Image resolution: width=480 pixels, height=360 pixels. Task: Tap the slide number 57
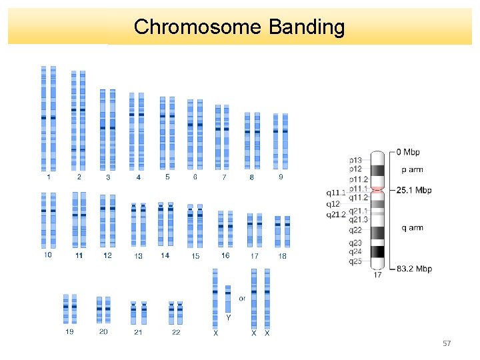coord(447,343)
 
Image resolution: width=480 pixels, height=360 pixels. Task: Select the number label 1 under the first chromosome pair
coord(48,177)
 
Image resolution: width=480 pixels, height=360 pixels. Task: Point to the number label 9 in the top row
coord(281,177)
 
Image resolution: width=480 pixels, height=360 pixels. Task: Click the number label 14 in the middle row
coord(165,255)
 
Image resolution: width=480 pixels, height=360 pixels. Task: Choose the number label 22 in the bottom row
coord(176,332)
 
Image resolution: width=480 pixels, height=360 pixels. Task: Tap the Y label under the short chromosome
coord(228,318)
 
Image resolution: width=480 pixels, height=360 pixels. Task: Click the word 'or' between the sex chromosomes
coord(242,298)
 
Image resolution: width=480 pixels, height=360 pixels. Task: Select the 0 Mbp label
coord(407,153)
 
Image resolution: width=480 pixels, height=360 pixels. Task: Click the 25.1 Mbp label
coord(413,190)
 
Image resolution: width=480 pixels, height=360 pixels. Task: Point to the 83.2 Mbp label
coord(413,269)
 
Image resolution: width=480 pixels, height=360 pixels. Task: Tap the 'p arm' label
coord(411,170)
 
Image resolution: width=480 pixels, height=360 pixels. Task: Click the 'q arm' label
coord(411,228)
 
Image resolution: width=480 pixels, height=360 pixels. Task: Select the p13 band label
coord(356,160)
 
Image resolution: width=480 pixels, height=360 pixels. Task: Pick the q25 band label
coord(355,261)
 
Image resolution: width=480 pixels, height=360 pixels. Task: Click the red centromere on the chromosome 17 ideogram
coord(377,190)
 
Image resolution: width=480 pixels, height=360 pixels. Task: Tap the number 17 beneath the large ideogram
coord(377,275)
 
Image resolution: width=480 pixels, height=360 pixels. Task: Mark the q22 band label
coord(355,230)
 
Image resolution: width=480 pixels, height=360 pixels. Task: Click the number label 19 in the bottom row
coord(69,332)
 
